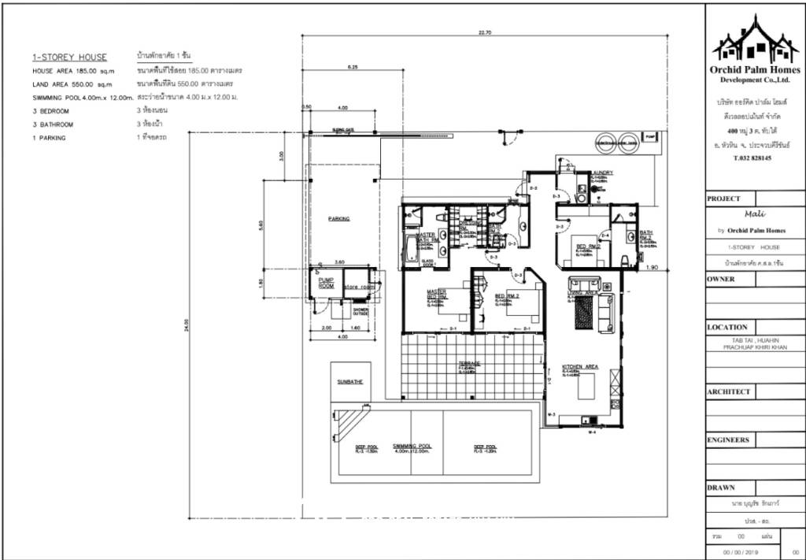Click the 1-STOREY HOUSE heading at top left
coord(69,57)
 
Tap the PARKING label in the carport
coord(339,219)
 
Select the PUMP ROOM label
coord(326,283)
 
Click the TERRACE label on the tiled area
coord(470,364)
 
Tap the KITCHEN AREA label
coord(580,368)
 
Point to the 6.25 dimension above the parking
coord(352,68)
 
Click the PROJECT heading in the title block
coord(725,198)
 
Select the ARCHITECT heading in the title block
coord(729,391)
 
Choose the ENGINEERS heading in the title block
coord(728,440)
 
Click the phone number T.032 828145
coord(752,158)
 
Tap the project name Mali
coord(754,213)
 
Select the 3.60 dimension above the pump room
coord(340,261)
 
